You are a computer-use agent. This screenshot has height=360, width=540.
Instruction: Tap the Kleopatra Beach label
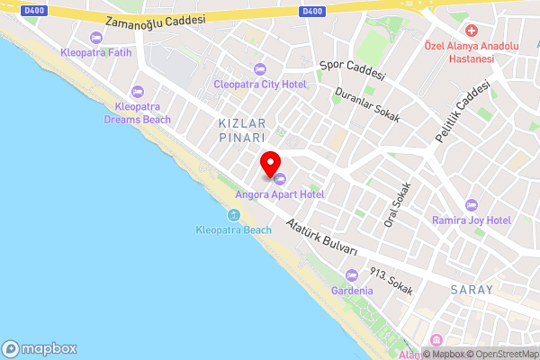[233, 229]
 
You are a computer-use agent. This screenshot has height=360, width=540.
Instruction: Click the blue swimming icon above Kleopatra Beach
[233, 215]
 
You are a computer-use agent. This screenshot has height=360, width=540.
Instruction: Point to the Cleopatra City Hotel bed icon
[260, 69]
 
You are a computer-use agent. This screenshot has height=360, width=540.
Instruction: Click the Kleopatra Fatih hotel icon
[96, 37]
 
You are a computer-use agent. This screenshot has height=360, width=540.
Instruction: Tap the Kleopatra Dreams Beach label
[138, 112]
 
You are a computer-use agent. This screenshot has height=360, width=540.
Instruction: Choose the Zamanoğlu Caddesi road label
[155, 20]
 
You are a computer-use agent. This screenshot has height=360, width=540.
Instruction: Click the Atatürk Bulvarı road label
[321, 237]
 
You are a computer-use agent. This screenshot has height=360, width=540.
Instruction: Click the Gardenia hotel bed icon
[351, 276]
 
